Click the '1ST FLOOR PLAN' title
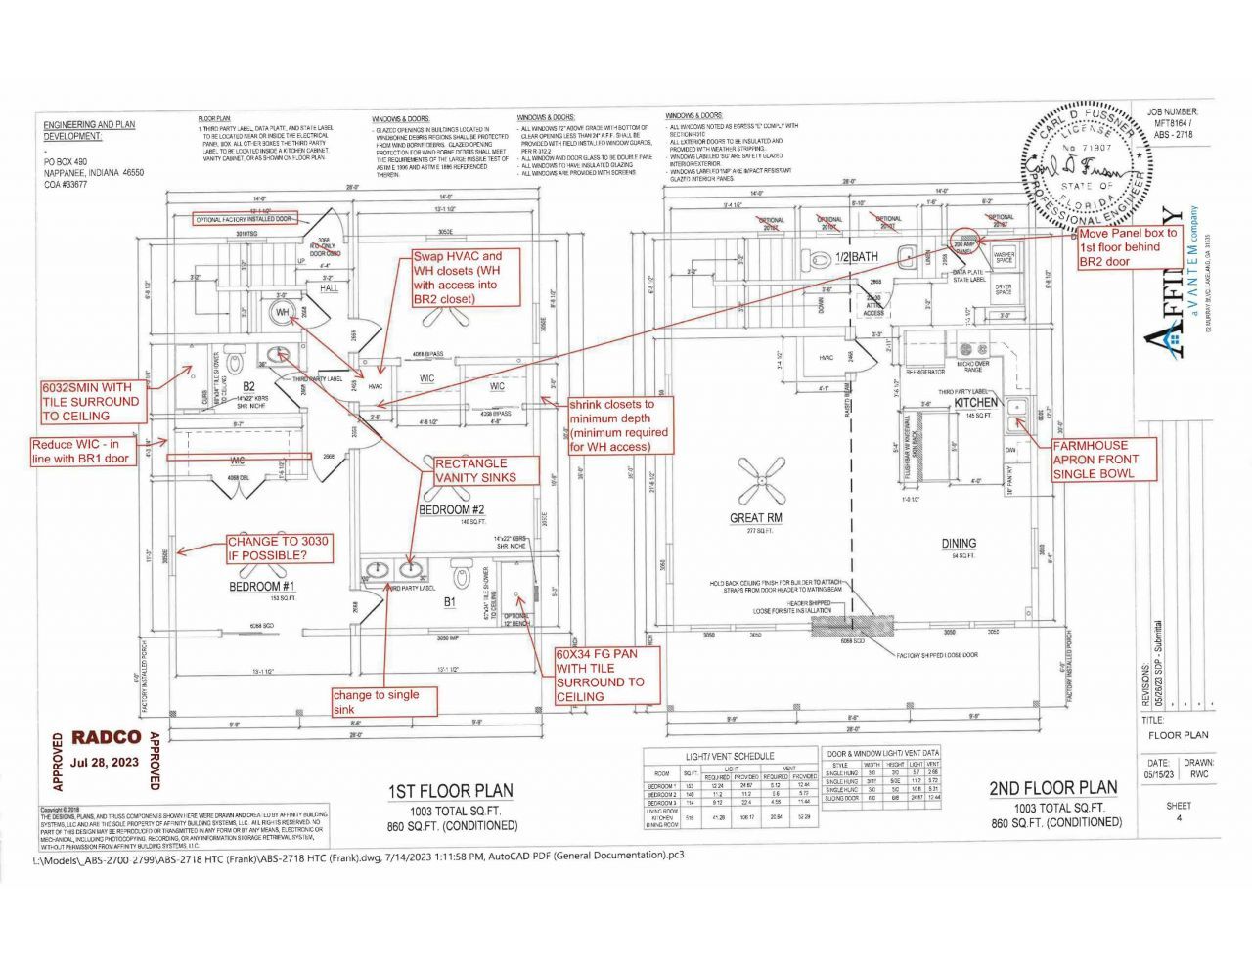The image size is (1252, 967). click(x=451, y=791)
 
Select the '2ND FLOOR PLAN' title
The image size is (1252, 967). click(x=1053, y=788)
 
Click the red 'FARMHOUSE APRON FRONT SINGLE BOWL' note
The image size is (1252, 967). click(x=1102, y=459)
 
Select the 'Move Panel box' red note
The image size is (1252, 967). click(x=1128, y=247)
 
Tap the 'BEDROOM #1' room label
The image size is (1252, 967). click(x=255, y=586)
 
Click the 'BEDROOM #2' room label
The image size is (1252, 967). click(x=452, y=509)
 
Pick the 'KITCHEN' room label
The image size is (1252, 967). click(x=976, y=402)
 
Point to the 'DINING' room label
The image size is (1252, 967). click(x=959, y=544)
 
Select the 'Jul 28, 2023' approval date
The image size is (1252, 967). click(x=106, y=762)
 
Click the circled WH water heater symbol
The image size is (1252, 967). click(x=283, y=312)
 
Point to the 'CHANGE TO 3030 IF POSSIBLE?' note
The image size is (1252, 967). click(x=279, y=549)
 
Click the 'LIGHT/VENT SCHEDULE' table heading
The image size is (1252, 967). click(x=730, y=756)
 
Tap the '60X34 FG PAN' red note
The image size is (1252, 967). click(x=599, y=675)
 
